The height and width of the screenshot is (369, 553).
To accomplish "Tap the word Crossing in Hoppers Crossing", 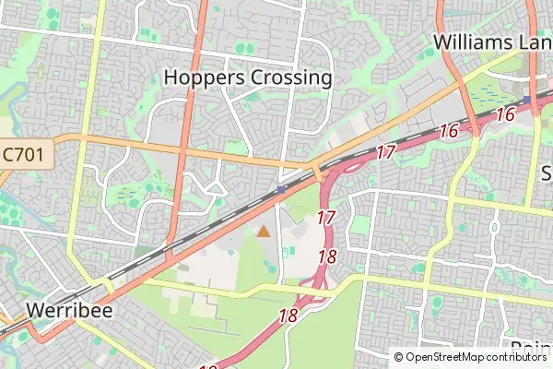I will (x=289, y=77).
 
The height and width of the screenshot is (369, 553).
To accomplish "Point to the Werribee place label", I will (x=69, y=310).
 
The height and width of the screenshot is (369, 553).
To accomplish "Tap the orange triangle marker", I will (x=264, y=231).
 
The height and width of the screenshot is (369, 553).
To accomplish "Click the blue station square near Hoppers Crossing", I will (x=280, y=189).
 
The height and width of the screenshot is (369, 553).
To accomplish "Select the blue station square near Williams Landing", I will (x=527, y=100).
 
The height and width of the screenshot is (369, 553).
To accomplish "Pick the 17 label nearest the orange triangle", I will (x=325, y=219).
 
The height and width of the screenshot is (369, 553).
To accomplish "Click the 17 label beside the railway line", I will (x=385, y=151).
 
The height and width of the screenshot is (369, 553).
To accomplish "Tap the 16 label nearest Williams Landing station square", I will (x=504, y=114).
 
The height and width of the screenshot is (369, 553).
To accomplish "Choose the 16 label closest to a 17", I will (x=448, y=131).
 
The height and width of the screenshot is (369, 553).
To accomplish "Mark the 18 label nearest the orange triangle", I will (x=326, y=257).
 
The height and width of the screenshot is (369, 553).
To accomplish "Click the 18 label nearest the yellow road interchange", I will (x=288, y=315).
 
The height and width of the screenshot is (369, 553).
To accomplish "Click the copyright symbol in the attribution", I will (x=398, y=357).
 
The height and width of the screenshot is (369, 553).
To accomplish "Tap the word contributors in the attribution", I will (x=515, y=357).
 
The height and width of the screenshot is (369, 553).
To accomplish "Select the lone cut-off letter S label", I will (x=546, y=173).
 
